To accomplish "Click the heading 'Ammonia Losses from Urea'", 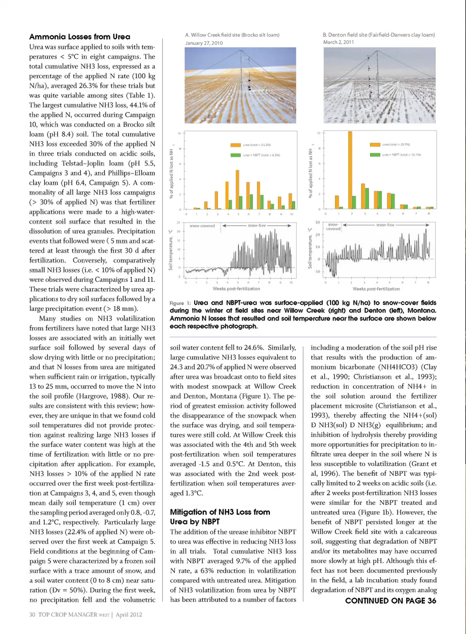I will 80,36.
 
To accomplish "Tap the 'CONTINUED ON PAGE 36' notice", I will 390,601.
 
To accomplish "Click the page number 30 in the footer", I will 32,615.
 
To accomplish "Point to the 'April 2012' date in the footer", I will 129,615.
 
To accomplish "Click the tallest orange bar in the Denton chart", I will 350,170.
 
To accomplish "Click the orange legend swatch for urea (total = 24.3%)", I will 235,145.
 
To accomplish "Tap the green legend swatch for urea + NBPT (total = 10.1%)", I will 375,155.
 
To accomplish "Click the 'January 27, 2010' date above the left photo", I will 204,43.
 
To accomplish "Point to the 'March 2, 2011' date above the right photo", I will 338,42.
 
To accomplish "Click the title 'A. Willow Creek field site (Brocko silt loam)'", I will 232,35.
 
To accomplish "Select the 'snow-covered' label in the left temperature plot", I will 202,226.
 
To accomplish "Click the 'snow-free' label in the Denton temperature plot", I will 385,225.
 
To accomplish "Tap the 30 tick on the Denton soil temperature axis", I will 318,223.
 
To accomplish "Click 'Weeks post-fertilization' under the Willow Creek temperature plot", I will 236,289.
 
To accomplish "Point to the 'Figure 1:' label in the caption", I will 180,303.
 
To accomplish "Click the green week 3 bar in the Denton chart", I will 366,201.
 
